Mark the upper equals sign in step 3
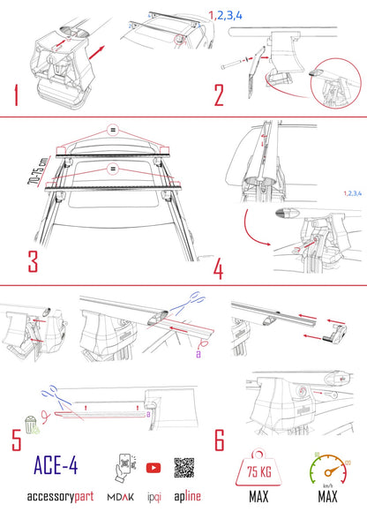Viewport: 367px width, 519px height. coord(112,129)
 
